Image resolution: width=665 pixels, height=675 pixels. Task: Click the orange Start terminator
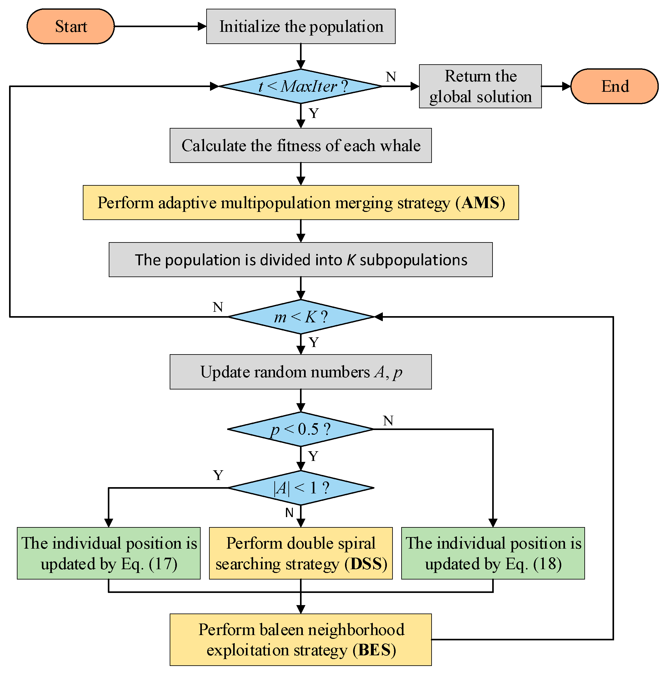(71, 27)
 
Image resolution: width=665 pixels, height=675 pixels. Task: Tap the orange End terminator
(614, 86)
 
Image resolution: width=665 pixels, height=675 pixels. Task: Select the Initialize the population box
(301, 27)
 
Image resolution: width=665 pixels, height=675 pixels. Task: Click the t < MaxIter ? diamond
(301, 86)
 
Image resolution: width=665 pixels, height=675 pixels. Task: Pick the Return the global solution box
(480, 86)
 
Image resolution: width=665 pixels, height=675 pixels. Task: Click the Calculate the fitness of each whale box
(301, 145)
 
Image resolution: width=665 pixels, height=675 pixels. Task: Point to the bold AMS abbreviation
(480, 203)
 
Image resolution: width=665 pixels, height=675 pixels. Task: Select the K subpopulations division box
(301, 260)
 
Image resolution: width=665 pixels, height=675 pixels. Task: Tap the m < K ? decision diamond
(301, 317)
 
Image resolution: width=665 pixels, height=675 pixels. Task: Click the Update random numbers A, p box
(301, 372)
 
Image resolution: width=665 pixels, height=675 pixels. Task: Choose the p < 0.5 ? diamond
(301, 429)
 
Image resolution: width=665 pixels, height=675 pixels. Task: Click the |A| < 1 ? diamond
(301, 488)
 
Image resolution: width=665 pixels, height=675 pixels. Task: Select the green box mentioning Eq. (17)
(109, 553)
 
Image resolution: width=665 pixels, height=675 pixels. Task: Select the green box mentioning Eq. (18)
(493, 553)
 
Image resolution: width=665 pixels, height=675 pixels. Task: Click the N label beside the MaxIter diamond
(391, 77)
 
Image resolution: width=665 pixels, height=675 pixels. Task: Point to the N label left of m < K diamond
(217, 307)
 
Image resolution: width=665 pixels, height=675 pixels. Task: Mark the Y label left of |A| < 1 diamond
(218, 475)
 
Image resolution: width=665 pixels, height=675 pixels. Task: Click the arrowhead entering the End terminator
(566, 86)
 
